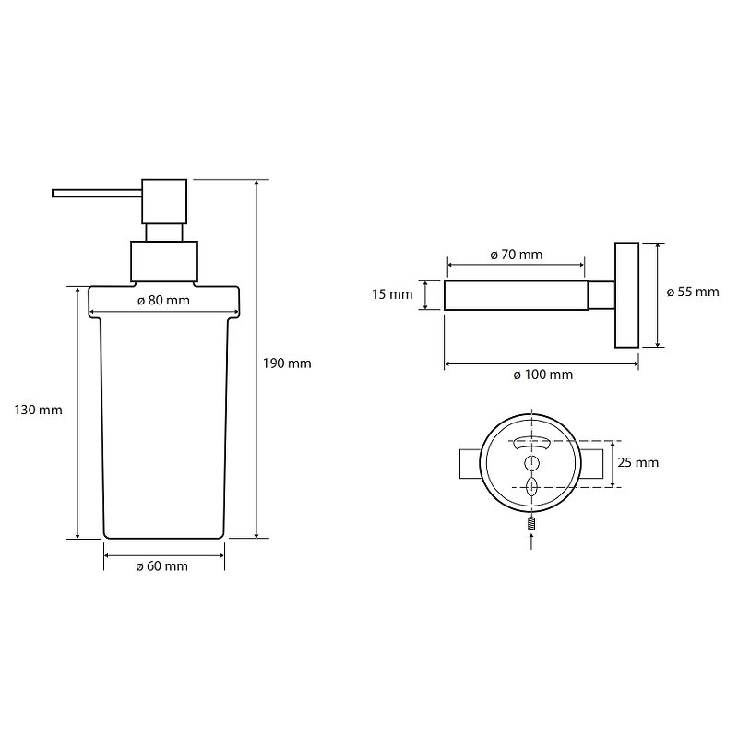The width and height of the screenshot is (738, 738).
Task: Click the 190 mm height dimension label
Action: [287, 363]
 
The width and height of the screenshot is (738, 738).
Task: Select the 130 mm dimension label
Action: [38, 410]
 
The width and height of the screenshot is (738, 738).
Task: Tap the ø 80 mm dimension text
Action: [163, 301]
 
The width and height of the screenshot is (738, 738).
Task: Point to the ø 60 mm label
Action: [162, 566]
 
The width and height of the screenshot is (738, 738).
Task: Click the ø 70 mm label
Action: [517, 255]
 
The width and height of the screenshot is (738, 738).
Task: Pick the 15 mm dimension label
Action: [392, 294]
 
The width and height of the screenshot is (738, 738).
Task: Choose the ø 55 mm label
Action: [693, 292]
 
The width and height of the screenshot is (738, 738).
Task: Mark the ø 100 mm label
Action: [542, 375]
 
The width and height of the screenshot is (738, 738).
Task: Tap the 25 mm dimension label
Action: [637, 463]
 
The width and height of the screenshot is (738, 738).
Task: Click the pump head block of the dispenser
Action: [164, 201]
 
